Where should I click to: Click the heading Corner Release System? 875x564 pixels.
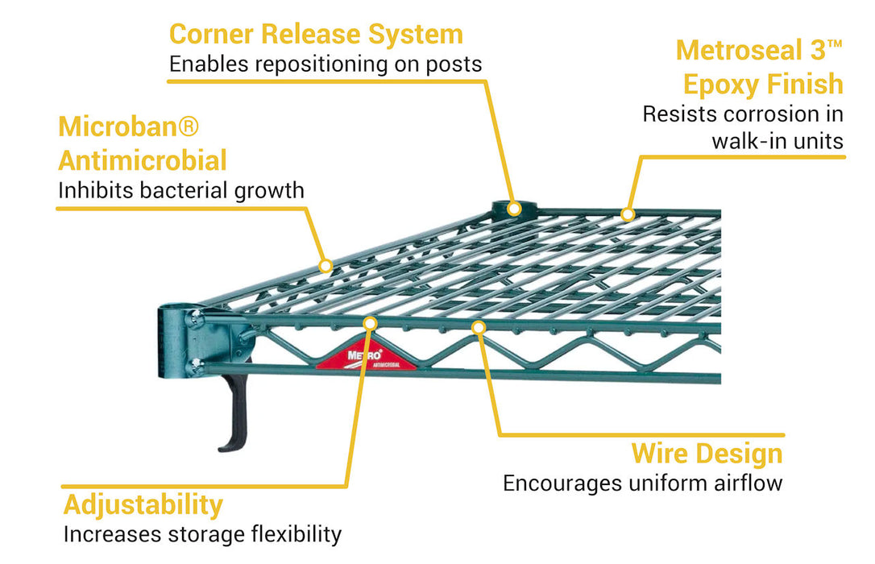click(x=316, y=35)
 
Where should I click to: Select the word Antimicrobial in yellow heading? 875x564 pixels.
click(x=143, y=160)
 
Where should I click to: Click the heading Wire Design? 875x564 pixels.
click(x=707, y=453)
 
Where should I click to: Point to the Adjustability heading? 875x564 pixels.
click(x=143, y=504)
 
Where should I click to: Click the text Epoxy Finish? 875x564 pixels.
click(x=763, y=84)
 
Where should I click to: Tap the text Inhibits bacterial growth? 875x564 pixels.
click(x=181, y=191)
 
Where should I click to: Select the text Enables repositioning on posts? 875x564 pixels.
click(x=326, y=64)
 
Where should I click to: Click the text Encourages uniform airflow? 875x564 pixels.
click(x=642, y=483)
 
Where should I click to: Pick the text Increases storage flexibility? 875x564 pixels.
click(x=202, y=534)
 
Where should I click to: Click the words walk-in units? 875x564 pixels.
click(x=777, y=142)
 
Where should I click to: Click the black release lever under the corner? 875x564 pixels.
click(x=234, y=415)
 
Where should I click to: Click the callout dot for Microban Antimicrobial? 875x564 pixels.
click(x=326, y=265)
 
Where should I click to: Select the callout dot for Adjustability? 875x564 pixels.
click(x=371, y=324)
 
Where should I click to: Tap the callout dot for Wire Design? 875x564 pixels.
click(x=479, y=327)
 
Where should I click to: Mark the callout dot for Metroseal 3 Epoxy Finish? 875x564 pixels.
click(x=628, y=214)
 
